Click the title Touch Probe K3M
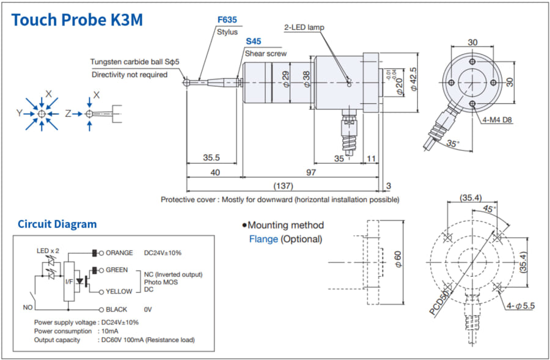coord(77,20)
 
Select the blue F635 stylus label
coord(227,20)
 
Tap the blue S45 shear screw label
coord(254,42)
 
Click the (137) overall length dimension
coord(283,185)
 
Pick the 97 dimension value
coord(311,173)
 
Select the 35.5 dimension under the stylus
coord(211,158)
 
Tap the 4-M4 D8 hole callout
coord(498,119)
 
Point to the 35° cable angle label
coord(451,144)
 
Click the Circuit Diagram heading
coord(57,224)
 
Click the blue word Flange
coord(263,239)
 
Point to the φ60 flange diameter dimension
coord(398,262)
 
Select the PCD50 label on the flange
coord(438,303)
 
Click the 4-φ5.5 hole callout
coord(521,306)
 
